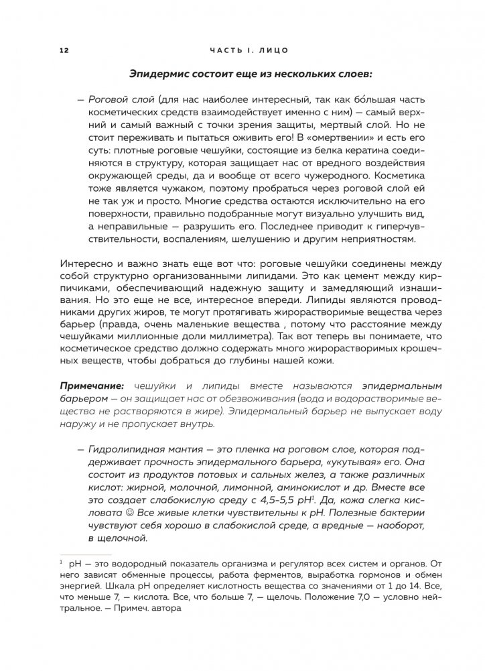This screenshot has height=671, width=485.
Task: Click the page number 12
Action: pyautogui.click(x=64, y=50)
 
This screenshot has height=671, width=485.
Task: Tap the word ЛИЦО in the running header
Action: pyautogui.click(x=275, y=50)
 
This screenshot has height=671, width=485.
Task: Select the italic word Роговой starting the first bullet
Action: pyautogui.click(x=110, y=99)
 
